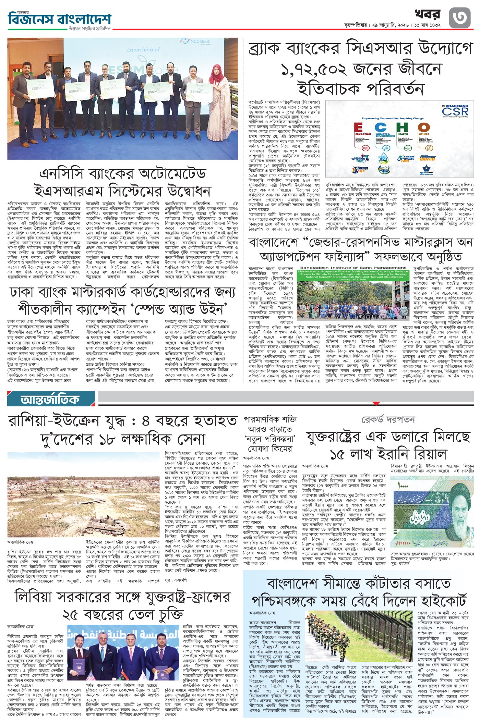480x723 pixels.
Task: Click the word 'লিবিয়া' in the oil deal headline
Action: (x=34, y=598)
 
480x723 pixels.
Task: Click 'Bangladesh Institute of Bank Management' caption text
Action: (x=353, y=268)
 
